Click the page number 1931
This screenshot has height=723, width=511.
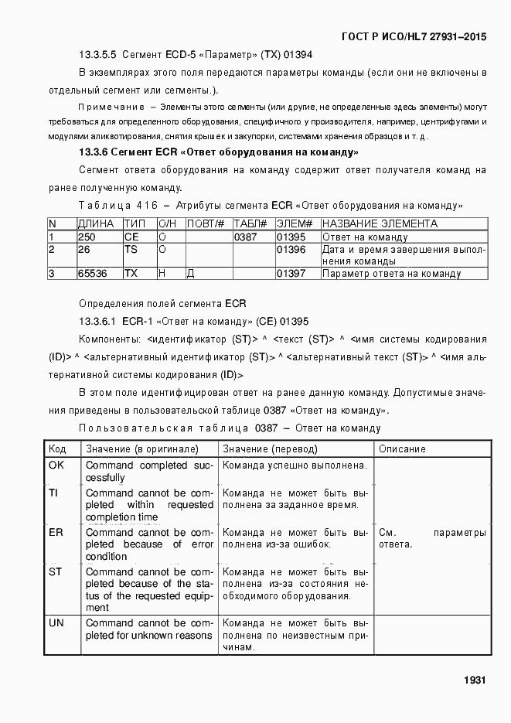coord(474,680)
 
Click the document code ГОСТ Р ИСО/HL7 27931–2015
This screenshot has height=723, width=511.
coord(414,36)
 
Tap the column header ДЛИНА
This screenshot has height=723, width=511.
coord(96,223)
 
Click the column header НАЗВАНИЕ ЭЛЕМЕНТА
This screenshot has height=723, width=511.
coord(380,223)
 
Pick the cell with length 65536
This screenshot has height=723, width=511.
coord(92,273)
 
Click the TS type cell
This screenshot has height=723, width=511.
coord(131,249)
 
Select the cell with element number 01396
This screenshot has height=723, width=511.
coord(291,249)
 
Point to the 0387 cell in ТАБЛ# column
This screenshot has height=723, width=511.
coord(245,237)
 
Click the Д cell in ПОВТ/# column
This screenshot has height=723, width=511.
coord(190,273)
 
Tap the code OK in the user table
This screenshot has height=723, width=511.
coord(56,466)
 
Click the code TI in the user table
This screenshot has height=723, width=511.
coord(53,493)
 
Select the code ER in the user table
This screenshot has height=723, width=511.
coord(56,533)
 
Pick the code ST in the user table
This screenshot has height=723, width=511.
coord(55,572)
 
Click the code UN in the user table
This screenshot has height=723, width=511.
coord(56,622)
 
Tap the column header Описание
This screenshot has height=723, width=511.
coord(402,448)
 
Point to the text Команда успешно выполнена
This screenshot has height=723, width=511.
coord(294,466)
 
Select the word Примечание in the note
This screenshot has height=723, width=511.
coord(111,107)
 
